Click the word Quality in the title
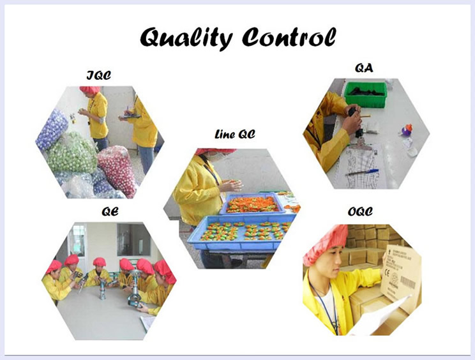click(x=186, y=38)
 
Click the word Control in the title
click(x=289, y=37)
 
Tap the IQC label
click(x=99, y=75)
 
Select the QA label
click(x=364, y=68)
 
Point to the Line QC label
click(x=235, y=134)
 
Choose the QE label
click(x=110, y=211)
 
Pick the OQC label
click(x=360, y=211)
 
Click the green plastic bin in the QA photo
click(x=365, y=94)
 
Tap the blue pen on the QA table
click(x=363, y=172)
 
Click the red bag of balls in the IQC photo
click(x=117, y=170)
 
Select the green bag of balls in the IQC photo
click(x=72, y=153)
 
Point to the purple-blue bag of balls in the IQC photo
click(x=52, y=130)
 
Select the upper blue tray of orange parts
click(x=252, y=204)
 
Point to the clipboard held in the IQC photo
click(x=130, y=116)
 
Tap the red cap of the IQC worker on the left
click(x=90, y=89)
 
